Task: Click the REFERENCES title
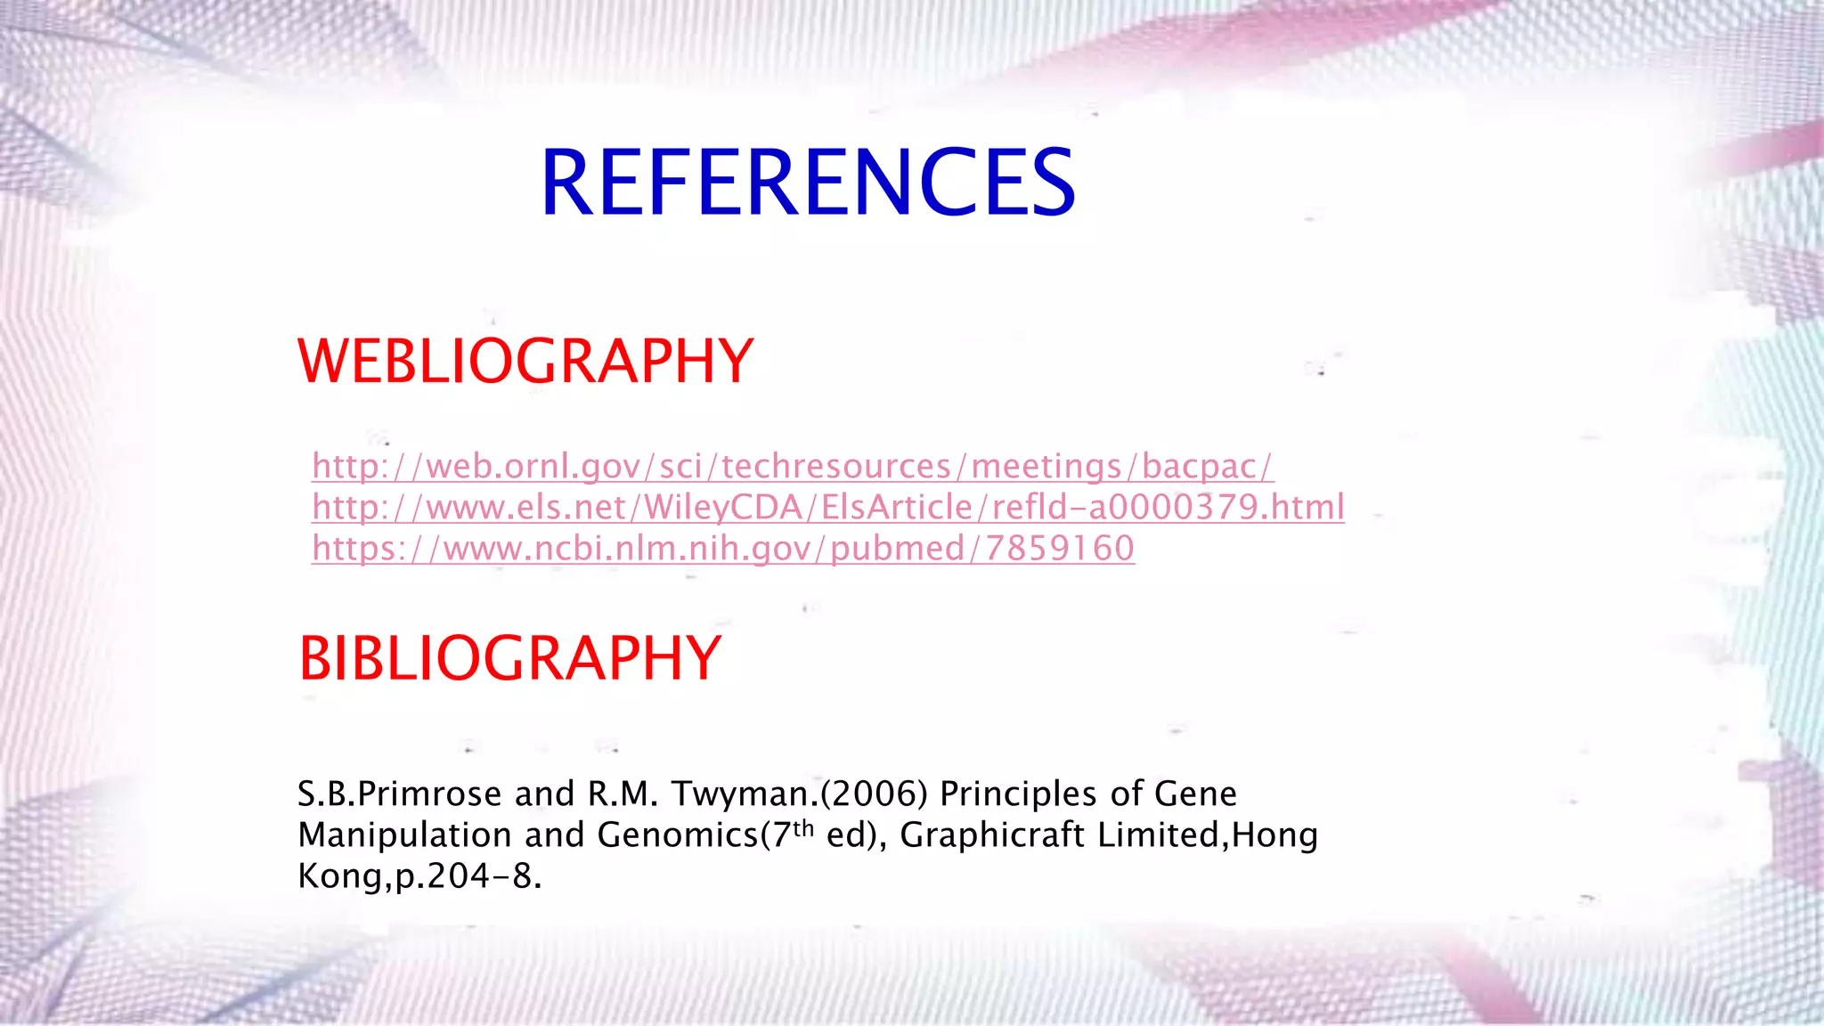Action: (x=808, y=183)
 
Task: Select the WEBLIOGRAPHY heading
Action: (x=525, y=362)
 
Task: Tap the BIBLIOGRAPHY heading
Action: (x=509, y=659)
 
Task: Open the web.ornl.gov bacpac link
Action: (x=792, y=467)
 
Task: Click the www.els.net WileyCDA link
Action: (x=827, y=508)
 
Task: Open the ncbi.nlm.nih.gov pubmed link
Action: (x=722, y=549)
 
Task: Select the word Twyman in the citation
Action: (x=739, y=794)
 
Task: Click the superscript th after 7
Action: (x=803, y=828)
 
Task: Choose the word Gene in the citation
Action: (x=1195, y=794)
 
